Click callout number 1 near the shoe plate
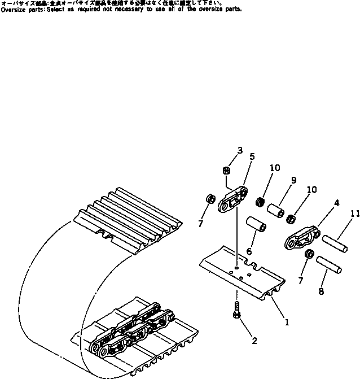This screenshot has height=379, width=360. (x=287, y=323)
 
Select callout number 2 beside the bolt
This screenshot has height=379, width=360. (x=254, y=341)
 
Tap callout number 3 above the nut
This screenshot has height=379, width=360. (x=240, y=151)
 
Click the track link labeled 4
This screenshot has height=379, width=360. (x=301, y=240)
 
